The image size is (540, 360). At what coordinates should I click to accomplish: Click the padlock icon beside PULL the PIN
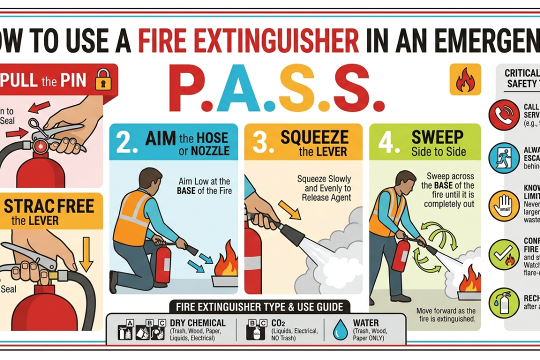pos(102,79)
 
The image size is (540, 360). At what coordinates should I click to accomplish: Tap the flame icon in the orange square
pos(465,79)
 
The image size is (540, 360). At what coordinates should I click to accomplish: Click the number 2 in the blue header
pos(124,142)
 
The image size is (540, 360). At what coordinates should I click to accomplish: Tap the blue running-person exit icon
pos(503,158)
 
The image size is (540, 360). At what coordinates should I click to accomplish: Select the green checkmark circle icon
pos(503,254)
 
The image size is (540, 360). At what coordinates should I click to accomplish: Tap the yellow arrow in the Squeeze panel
pos(289,209)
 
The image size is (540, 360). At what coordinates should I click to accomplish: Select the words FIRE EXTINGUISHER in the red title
pos(248,41)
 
